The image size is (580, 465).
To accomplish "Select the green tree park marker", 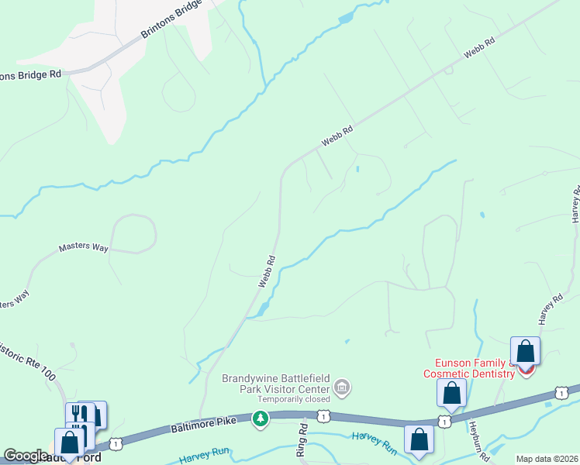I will (261, 419).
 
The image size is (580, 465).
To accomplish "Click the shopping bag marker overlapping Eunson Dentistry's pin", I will (525, 352).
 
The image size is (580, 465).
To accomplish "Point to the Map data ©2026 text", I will (547, 459).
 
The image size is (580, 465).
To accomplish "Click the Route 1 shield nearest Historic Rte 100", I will (116, 443).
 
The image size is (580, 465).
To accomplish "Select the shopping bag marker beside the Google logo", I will (70, 444).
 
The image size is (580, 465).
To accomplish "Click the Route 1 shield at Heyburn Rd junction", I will (443, 420).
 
